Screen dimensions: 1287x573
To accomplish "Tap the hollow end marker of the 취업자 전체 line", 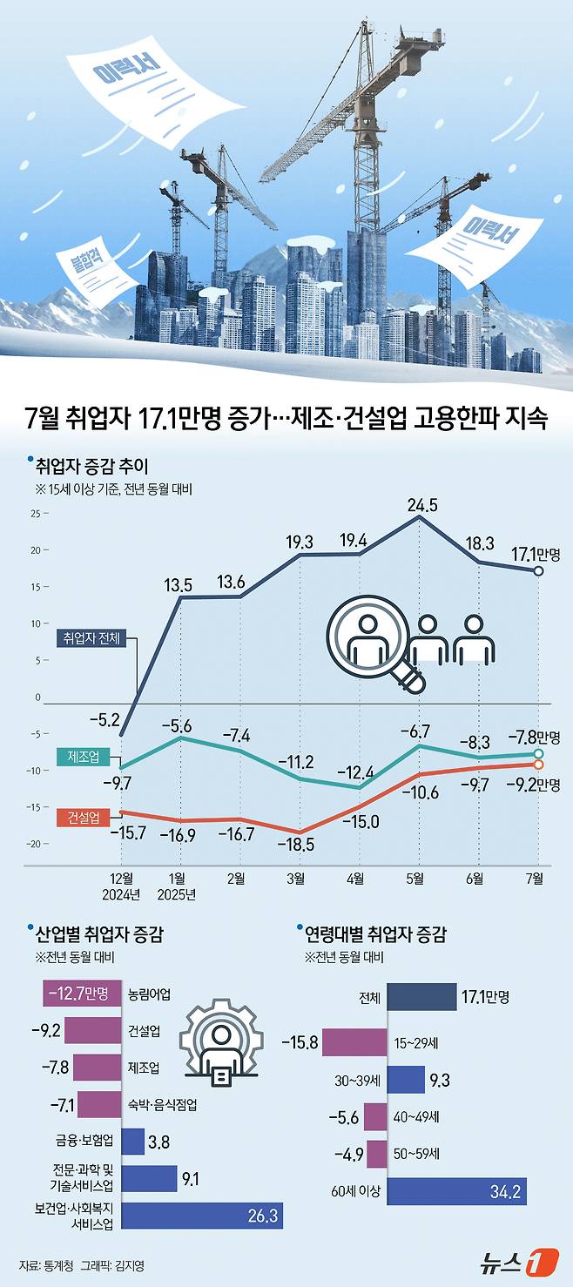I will click(538, 571).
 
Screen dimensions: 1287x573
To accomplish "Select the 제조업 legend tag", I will click(82, 757).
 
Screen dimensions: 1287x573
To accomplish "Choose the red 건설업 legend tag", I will click(82, 817).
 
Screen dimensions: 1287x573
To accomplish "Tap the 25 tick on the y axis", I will click(34, 513).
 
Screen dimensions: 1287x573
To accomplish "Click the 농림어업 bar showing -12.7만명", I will click(81, 993).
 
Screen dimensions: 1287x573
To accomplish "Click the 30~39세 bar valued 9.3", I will click(405, 1080).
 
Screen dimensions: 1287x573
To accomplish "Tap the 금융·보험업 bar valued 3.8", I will click(132, 1141).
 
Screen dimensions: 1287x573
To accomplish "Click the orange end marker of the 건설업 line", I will click(538, 765).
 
